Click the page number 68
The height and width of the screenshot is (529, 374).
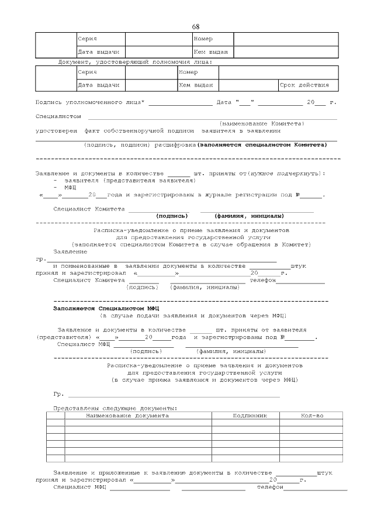(x=195, y=27)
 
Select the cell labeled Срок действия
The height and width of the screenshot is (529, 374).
(x=304, y=85)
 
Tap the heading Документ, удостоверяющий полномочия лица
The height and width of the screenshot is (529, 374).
(x=135, y=61)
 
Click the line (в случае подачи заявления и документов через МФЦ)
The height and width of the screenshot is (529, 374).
(x=193, y=316)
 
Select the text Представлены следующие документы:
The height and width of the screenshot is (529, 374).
(x=115, y=408)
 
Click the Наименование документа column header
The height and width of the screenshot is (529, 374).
(x=127, y=416)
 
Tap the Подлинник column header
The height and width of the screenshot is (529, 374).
(x=250, y=416)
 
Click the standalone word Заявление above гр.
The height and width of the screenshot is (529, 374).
(x=70, y=251)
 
